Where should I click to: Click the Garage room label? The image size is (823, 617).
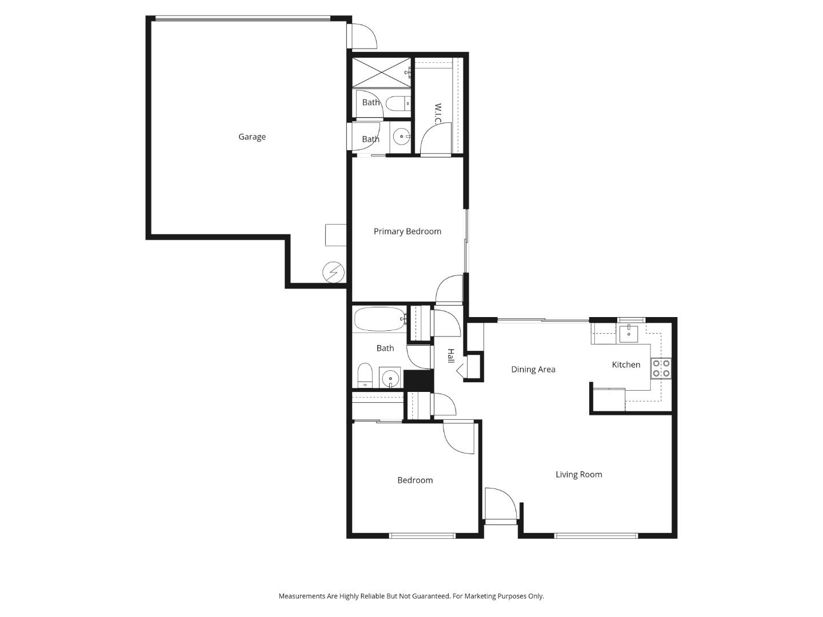tap(251, 137)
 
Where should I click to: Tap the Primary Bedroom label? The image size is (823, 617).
tap(407, 231)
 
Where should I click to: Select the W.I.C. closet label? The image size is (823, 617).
tap(437, 115)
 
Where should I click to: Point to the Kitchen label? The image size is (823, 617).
tap(626, 364)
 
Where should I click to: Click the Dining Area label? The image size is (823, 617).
tap(533, 370)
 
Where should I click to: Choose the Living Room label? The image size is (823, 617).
tap(578, 474)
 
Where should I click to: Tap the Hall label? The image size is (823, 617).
tap(450, 356)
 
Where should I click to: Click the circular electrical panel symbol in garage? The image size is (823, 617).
tap(333, 273)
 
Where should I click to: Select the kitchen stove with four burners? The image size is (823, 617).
tap(661, 368)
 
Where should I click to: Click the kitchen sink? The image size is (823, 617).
tap(628, 332)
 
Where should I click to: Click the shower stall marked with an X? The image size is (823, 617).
tap(381, 73)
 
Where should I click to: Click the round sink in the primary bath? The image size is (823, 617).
tap(401, 137)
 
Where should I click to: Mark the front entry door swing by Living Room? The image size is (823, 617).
tap(500, 504)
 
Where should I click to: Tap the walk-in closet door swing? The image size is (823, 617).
tap(436, 139)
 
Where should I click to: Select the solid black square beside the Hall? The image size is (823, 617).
tap(418, 380)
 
